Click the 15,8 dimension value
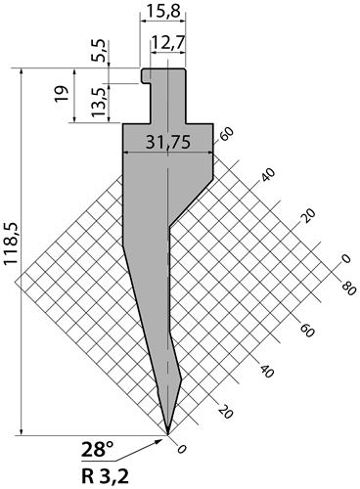point(163,12)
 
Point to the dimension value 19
point(62,94)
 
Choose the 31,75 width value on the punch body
point(167,142)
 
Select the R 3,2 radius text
point(105,476)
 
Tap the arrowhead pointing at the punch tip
point(159,442)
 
